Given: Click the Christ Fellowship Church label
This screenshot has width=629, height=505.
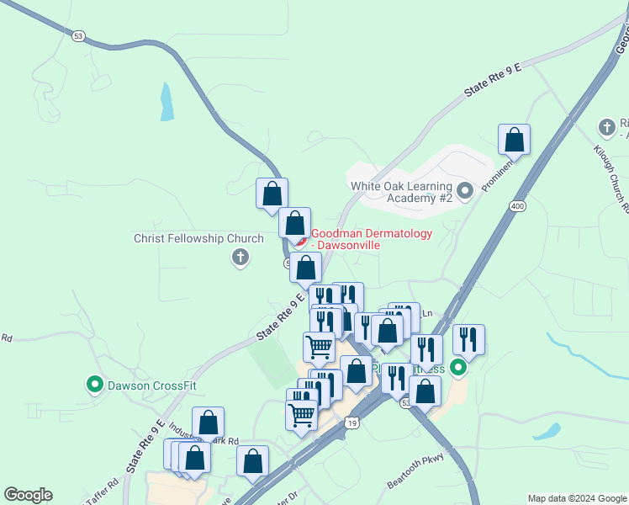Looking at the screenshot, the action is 198,238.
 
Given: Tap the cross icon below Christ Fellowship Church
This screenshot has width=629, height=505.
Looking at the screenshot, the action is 240,258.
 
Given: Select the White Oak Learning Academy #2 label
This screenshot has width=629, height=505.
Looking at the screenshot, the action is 401,192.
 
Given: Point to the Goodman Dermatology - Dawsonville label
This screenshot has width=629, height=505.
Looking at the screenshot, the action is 372,239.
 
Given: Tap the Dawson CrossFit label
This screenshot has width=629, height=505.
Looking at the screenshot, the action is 151,386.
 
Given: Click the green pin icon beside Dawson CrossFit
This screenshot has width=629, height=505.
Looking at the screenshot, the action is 95,385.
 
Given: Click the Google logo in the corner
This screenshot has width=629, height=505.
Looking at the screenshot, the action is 28,495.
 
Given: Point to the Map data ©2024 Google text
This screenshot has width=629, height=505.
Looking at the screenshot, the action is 576,498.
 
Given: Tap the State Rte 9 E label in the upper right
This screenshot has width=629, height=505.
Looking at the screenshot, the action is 494,80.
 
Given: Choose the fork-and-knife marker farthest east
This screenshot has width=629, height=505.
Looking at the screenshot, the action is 468,339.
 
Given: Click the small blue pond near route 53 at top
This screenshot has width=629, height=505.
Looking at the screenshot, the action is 166,102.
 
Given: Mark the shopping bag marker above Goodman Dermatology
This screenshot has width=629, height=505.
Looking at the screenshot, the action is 272,193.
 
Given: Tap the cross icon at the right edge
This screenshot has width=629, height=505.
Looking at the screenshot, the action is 607,127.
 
